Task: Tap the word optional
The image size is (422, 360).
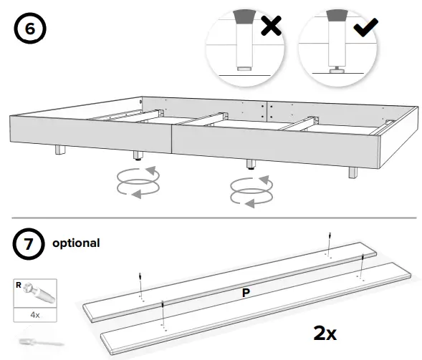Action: tap(76, 243)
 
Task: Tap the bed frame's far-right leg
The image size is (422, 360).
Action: tap(353, 172)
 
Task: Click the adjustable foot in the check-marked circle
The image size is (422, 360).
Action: tap(335, 69)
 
